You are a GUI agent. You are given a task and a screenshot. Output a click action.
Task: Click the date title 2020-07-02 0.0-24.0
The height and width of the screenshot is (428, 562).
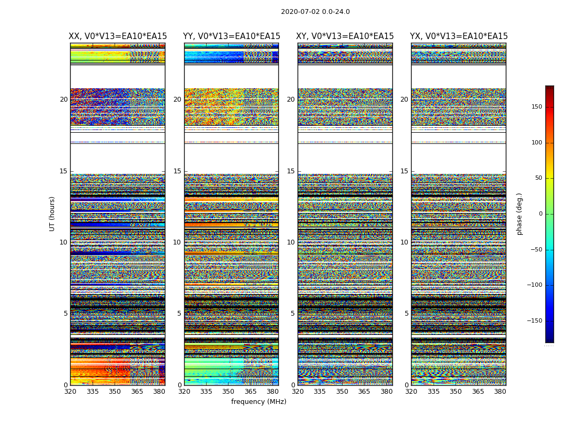click(315, 12)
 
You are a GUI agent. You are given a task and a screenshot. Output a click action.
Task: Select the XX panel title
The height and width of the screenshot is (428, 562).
click(118, 36)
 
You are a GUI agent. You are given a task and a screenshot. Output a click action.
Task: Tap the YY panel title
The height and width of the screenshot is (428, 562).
click(231, 36)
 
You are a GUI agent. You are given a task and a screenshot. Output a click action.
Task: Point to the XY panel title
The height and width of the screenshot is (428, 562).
click(345, 36)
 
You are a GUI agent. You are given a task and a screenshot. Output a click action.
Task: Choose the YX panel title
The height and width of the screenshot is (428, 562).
click(459, 36)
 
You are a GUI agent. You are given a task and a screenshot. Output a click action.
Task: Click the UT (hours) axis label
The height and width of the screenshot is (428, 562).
click(52, 213)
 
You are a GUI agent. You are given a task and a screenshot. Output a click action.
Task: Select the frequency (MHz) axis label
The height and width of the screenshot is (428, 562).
click(259, 402)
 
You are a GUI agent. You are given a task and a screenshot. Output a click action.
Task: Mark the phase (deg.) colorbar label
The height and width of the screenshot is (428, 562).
click(520, 213)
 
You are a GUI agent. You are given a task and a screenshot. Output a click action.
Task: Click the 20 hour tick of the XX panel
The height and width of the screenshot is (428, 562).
click(64, 100)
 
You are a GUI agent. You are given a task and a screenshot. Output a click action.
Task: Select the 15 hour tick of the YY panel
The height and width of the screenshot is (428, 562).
click(178, 171)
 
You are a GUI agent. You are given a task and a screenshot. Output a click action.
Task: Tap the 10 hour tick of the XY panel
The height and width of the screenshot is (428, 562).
click(291, 242)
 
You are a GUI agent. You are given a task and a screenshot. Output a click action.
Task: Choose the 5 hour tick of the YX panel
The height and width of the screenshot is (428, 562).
click(407, 314)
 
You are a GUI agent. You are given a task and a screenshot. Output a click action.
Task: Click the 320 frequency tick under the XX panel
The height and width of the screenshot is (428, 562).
click(70, 392)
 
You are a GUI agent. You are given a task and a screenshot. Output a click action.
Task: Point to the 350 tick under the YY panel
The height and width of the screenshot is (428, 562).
click(229, 392)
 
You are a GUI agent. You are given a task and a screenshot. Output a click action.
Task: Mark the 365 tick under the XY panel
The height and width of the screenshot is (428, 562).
click(364, 392)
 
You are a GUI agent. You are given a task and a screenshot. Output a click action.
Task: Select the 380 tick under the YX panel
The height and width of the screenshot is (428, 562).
click(500, 392)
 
